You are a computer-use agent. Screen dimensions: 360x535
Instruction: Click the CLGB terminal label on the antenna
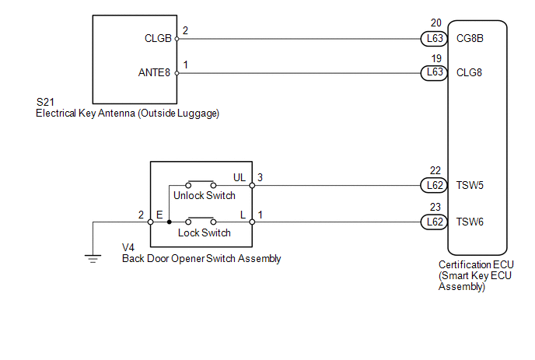click(158, 37)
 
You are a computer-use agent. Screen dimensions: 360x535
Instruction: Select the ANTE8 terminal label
click(156, 73)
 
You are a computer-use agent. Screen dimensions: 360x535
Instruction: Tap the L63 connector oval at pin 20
click(432, 37)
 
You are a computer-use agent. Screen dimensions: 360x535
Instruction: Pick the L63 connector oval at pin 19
click(432, 73)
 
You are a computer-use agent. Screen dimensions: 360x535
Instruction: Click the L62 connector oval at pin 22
click(432, 186)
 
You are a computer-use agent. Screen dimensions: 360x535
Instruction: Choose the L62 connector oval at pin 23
click(432, 222)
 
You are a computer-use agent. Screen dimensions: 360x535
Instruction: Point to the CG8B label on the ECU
click(470, 37)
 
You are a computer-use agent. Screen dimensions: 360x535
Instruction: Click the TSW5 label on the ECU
click(470, 186)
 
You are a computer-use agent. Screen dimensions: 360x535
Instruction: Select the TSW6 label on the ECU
click(470, 222)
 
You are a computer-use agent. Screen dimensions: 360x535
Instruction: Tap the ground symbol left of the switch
click(93, 258)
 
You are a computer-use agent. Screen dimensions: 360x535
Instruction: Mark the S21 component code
click(46, 103)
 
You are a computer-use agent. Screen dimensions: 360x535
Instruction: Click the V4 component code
click(129, 248)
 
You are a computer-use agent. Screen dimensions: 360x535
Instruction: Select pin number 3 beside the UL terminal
click(261, 178)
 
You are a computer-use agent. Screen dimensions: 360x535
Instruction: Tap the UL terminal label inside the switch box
click(240, 178)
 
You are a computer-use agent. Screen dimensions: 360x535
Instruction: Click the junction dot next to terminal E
click(170, 222)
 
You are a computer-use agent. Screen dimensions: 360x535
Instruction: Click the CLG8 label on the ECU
click(470, 73)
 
